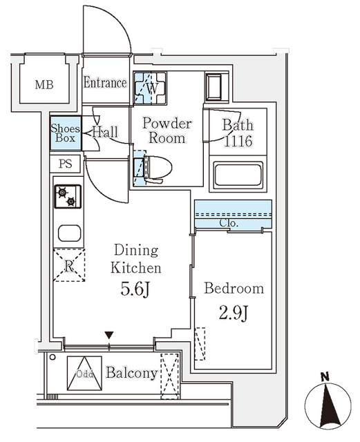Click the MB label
tap(45, 85)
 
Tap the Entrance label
tap(105, 83)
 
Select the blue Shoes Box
tap(66, 133)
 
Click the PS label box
tap(66, 164)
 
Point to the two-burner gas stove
tap(68, 197)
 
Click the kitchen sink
tap(69, 233)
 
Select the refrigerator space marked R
tap(69, 265)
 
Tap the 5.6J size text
tap(135, 290)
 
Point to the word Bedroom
tap(234, 289)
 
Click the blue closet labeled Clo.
tap(233, 215)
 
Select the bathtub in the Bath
tap(237, 175)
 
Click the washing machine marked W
tap(150, 87)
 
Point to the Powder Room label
tap(166, 131)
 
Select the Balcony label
tap(131, 374)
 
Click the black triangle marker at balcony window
tap(108, 336)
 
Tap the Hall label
tap(105, 131)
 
